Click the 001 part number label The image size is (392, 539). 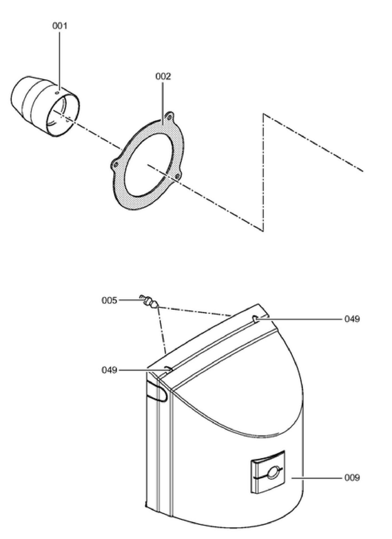60,26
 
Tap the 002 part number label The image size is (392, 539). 163,76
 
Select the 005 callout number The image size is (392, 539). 110,301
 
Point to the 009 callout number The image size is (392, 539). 352,478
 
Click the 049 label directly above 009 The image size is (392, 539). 352,319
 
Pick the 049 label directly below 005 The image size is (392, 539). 110,370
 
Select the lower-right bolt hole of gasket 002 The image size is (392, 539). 177,176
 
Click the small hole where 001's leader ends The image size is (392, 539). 58,93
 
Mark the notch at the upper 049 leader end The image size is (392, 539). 256,318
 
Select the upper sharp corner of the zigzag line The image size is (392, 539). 264,114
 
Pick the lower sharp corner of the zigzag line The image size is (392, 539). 263,231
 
